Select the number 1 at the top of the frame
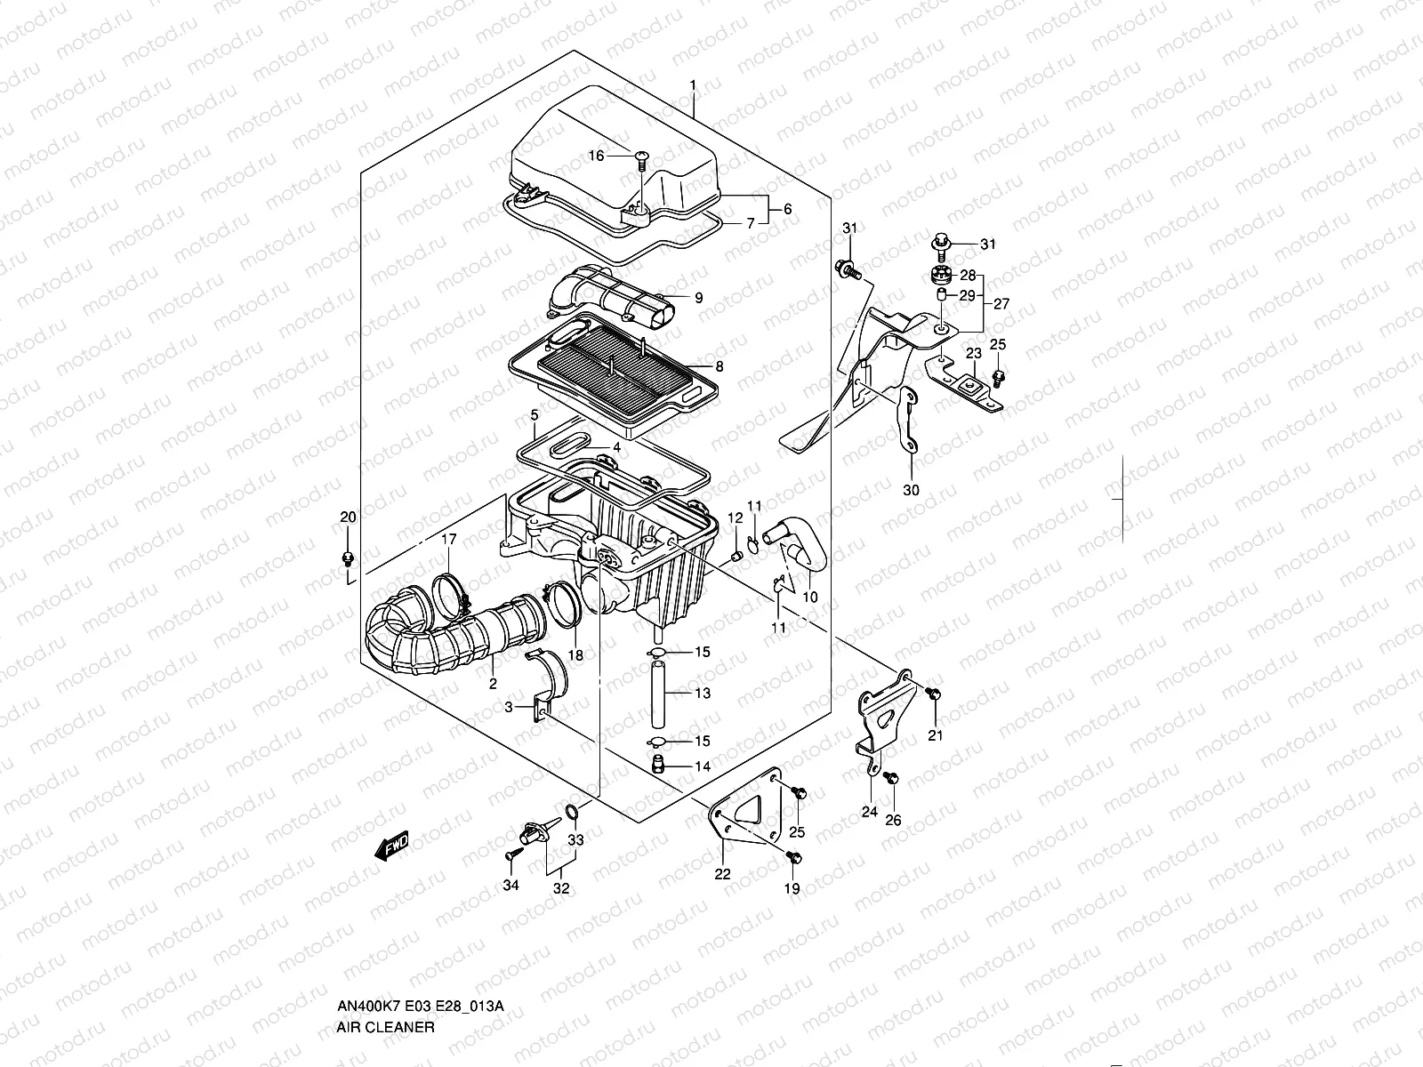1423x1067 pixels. [693, 85]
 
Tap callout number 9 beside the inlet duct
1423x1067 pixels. [698, 298]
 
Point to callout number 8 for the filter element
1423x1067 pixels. [719, 365]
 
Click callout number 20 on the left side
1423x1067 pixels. [348, 517]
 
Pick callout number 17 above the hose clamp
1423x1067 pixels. [449, 539]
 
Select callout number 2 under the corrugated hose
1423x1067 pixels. [492, 685]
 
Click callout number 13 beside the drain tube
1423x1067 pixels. [703, 693]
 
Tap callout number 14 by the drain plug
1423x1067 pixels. [703, 766]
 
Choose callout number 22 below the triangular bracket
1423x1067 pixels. [722, 874]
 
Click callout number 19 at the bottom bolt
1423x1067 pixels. [792, 888]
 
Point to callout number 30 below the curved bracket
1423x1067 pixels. [912, 490]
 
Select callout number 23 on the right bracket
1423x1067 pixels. [974, 354]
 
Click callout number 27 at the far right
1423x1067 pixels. [1001, 304]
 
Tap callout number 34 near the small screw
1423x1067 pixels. [511, 885]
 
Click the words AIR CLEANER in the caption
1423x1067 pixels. [385, 952]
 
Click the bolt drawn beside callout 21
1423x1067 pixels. [932, 693]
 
